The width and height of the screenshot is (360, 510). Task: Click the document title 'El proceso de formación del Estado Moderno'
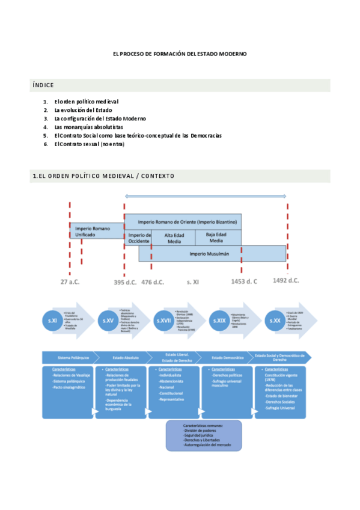pos(180,54)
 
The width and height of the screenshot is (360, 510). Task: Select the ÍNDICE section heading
pos(43,85)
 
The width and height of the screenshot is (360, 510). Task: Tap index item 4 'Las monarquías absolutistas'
pos(88,127)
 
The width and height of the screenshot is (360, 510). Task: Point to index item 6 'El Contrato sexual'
pos(89,144)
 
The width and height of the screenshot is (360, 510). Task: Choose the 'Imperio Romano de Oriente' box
pos(183,221)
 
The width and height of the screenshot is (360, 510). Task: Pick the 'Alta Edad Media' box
pos(173,238)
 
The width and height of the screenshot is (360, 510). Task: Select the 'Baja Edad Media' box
pos(218,238)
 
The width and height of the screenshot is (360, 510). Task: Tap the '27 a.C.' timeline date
pos(70,281)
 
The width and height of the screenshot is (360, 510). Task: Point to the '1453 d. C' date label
pos(244,281)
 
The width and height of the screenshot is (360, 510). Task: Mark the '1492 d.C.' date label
pos(285,280)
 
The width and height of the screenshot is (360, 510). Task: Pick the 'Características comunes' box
pos(204,435)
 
